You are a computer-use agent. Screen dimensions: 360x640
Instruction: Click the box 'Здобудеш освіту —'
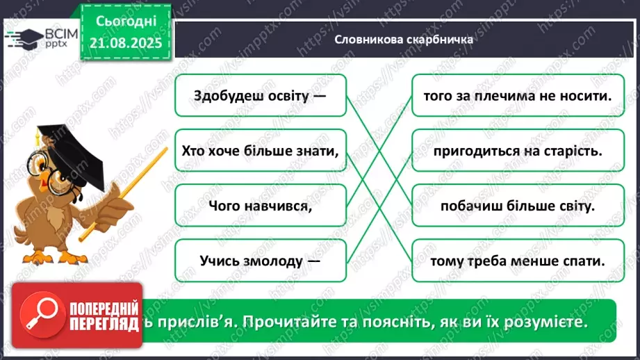click(261, 96)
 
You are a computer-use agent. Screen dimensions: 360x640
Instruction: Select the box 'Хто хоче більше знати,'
click(261, 150)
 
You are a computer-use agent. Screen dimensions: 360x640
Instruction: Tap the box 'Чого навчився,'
click(261, 206)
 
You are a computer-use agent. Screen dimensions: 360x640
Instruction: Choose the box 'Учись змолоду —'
click(261, 261)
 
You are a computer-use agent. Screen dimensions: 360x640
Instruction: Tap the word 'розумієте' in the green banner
click(545, 323)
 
